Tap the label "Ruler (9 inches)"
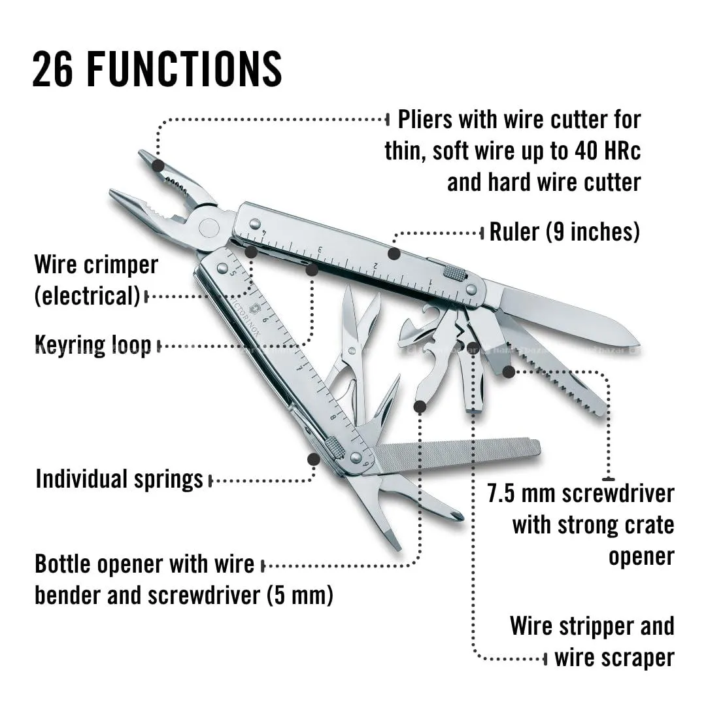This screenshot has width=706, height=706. coord(564,231)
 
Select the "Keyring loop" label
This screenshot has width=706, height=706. coord(93,345)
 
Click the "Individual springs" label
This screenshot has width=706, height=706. coord(120,479)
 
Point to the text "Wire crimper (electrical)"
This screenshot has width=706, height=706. coord(96,280)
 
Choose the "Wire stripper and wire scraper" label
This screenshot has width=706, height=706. coord(592,641)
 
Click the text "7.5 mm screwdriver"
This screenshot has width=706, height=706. coord(580,493)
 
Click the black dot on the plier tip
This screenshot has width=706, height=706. coord(158,165)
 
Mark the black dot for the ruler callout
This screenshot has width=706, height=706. coord(393,253)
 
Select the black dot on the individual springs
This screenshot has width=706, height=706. coord(313,460)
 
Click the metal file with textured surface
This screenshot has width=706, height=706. coord(458,451)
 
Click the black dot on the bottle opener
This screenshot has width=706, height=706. coord(420,407)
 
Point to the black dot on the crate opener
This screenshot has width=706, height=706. coord(509,371)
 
